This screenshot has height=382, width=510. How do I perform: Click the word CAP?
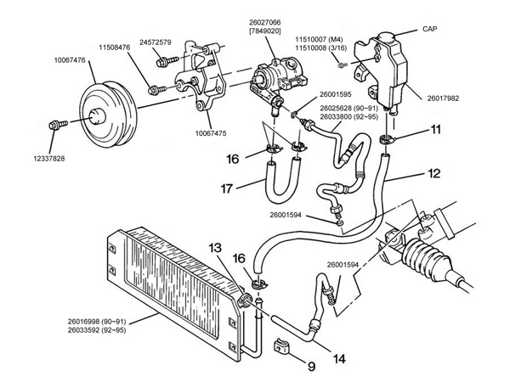click(x=429, y=28)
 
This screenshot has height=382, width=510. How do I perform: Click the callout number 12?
click(x=435, y=173)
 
